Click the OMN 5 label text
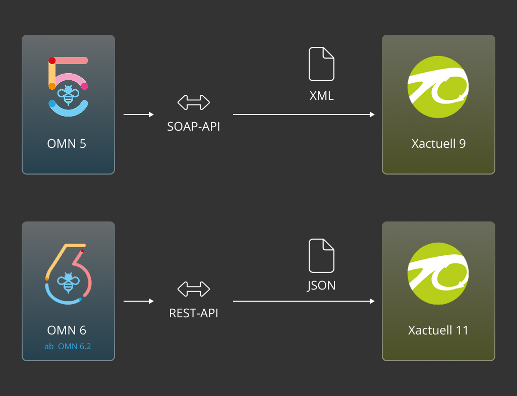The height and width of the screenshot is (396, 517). coord(67,144)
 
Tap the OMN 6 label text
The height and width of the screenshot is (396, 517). coord(67,330)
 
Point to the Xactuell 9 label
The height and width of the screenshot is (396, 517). coord(438,144)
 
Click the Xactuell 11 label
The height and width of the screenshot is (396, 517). coord(438,330)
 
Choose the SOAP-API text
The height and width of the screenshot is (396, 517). coord(194,127)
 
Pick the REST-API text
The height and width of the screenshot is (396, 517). coord(194,313)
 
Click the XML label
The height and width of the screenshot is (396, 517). coord(322,96)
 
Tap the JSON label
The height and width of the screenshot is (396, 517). coord(322,285)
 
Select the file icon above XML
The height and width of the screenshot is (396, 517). coord(322,64)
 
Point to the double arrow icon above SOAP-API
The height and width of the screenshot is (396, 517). coord(194,102)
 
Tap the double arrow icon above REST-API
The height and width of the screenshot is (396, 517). coord(194,289)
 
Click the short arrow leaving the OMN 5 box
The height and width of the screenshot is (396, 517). coord(139,115)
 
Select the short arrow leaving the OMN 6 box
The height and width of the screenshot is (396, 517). coord(139,302)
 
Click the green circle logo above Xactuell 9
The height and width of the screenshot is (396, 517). coord(438,86)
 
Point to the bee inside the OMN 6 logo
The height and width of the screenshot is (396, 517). coord(67,284)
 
